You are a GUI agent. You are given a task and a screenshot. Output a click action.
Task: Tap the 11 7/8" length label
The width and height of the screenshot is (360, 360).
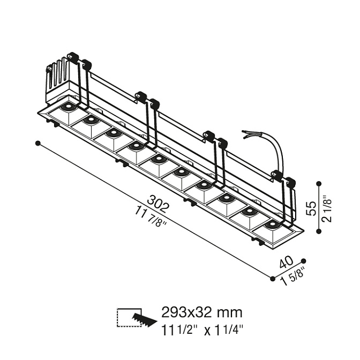tap(151, 215)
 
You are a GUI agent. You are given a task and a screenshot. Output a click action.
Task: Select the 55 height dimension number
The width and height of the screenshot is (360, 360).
tap(312, 208)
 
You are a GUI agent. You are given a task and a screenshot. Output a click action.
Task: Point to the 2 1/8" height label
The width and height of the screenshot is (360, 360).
tap(327, 208)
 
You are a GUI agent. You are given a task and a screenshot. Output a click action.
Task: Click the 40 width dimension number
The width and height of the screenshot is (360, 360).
tap(286, 262)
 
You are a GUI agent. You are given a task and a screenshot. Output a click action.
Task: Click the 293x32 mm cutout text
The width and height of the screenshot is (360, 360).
tap(202, 312)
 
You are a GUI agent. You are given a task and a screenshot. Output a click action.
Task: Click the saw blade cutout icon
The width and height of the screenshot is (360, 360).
tap(144, 319)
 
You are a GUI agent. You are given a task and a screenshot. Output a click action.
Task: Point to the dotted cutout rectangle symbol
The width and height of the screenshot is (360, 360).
tap(129, 317)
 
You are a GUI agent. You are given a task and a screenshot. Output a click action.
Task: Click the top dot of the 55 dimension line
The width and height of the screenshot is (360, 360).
tap(319, 184)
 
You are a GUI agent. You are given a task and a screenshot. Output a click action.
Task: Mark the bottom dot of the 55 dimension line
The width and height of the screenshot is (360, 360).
tap(319, 231)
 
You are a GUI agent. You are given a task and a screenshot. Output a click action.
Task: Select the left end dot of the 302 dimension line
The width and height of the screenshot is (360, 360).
tap(38, 144)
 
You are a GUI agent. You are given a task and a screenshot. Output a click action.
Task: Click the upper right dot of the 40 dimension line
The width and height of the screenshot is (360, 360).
tap(304, 260)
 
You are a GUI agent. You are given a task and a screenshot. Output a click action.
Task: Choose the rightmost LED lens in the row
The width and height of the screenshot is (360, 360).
tap(272, 223)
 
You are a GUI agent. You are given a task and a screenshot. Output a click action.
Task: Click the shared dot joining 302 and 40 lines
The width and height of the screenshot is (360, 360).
tap(273, 279)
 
